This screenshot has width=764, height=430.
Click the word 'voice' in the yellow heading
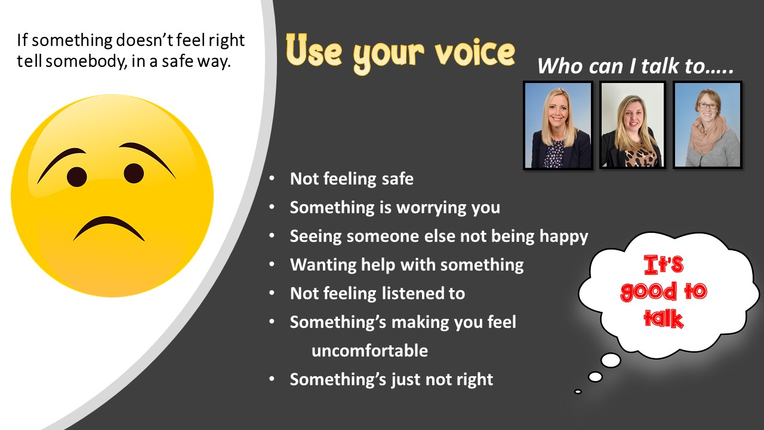click(475, 52)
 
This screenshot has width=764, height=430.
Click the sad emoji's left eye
click(77, 177)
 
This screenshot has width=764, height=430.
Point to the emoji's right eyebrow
click(147, 156)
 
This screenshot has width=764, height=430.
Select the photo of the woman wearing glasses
click(707, 125)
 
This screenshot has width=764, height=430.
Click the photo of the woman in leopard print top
click(632, 125)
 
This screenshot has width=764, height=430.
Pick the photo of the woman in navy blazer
click(557, 125)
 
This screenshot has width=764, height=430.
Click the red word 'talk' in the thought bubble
click(664, 319)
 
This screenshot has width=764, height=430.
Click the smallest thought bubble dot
click(578, 391)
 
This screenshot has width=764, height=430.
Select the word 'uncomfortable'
click(369, 351)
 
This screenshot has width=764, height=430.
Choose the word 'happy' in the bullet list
click(564, 236)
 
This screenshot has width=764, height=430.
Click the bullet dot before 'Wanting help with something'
click(272, 264)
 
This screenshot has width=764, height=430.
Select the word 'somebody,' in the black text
click(87, 62)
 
